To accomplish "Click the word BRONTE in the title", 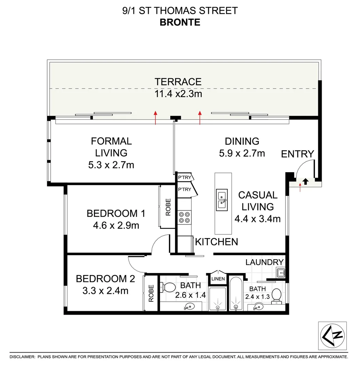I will pyautogui.click(x=179, y=22).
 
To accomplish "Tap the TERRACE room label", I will pyautogui.click(x=178, y=82).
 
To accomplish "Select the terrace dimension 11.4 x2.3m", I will pyautogui.click(x=178, y=94).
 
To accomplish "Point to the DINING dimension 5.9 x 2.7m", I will pyautogui.click(x=242, y=153).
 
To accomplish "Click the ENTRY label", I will pyautogui.click(x=297, y=154).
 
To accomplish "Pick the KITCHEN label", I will pyautogui.click(x=216, y=242).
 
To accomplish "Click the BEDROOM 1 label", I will pyautogui.click(x=116, y=214).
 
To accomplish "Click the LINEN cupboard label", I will pyautogui.click(x=218, y=279).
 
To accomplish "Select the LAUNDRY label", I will pyautogui.click(x=265, y=262).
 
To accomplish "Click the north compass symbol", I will pyautogui.click(x=332, y=336).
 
